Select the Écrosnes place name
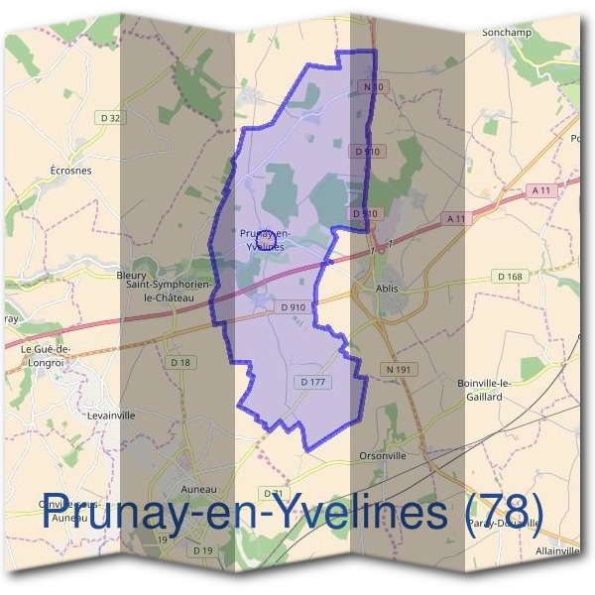(x=70, y=170)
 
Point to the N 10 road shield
(x=373, y=88)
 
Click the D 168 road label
(x=510, y=277)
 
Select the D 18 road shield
(x=180, y=363)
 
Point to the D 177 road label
(x=310, y=381)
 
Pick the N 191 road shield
(x=397, y=370)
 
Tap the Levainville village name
(x=111, y=416)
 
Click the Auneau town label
(x=199, y=489)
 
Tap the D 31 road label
(x=275, y=493)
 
